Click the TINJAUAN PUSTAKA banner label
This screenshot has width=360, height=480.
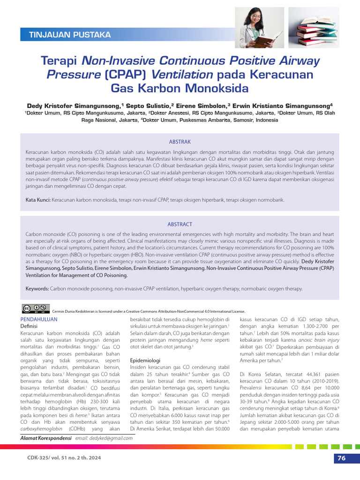[x=70, y=35]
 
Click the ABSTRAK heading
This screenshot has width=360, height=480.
[x=180, y=142]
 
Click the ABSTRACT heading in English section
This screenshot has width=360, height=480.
[x=180, y=225]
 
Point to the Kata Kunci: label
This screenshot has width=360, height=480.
[x=38, y=200]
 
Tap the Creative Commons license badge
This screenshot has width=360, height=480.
[x=36, y=309]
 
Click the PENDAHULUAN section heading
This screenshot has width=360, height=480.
[x=39, y=319]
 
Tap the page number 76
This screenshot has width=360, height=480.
[x=341, y=458]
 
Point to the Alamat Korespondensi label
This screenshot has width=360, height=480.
[x=46, y=438]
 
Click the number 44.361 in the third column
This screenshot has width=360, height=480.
[x=297, y=374]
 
